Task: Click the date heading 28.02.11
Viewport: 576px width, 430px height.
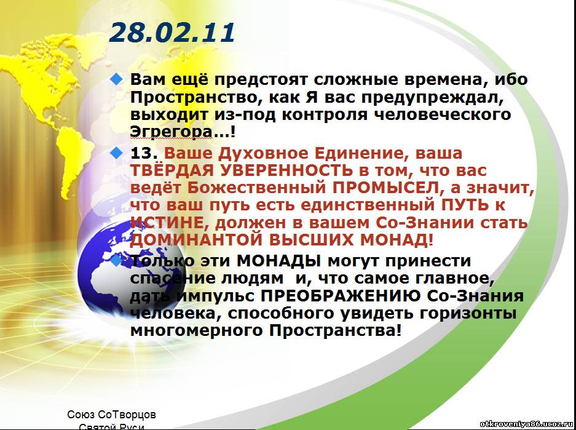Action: (172, 33)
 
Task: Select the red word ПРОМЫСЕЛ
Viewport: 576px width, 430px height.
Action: (385, 188)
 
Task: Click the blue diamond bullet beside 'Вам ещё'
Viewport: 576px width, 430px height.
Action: (116, 79)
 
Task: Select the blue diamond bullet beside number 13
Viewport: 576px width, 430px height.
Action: (116, 153)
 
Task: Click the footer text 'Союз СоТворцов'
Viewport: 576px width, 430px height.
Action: (111, 415)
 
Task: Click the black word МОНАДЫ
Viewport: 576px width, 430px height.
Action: (278, 261)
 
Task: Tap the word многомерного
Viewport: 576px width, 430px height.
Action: (197, 331)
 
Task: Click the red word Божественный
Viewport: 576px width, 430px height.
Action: (256, 188)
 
